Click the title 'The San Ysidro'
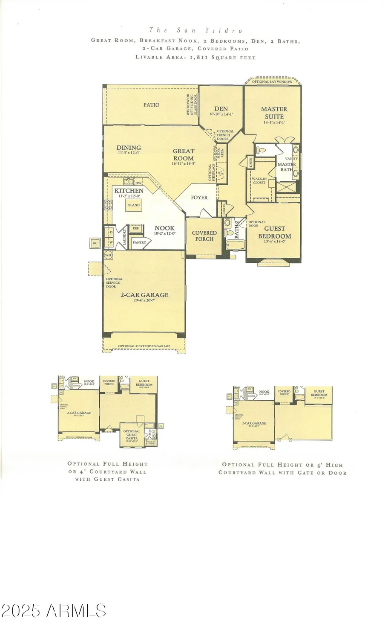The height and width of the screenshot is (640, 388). click(195, 30)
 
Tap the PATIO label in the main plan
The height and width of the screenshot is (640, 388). click(151, 105)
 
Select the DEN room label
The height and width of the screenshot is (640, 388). click(221, 109)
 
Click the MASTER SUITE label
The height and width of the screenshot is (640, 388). click(274, 113)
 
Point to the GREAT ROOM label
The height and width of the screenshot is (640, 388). click(184, 154)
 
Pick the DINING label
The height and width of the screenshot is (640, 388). click(129, 148)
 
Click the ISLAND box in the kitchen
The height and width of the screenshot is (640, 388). click(133, 205)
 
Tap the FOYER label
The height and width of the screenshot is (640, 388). click(199, 198)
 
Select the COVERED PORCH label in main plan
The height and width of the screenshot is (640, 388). click(204, 236)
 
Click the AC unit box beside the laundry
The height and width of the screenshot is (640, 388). click(95, 244)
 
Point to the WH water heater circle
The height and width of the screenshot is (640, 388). click(108, 255)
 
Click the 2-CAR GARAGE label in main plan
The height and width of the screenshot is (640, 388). click(144, 295)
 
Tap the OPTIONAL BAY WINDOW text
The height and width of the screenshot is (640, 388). click(272, 81)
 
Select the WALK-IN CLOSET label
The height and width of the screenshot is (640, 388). click(259, 181)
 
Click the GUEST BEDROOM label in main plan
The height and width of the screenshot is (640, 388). click(275, 233)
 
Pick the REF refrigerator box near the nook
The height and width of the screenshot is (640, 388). click(135, 228)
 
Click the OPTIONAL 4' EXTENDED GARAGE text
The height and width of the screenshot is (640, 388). click(144, 346)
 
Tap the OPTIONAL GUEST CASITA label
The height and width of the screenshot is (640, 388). click(132, 435)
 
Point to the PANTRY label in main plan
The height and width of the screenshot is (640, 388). click(139, 242)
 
